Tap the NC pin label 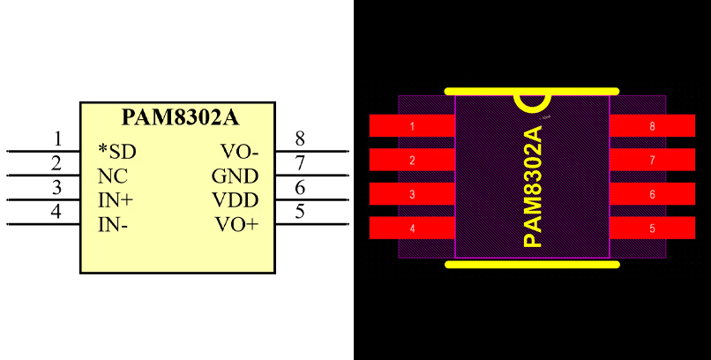(112, 175)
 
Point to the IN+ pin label (116, 199)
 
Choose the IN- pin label (113, 224)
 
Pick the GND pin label (235, 175)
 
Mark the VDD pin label (236, 199)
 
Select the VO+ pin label (237, 224)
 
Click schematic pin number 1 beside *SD (57, 139)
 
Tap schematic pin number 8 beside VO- (300, 139)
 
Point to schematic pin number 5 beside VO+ (300, 212)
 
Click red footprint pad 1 (412, 126)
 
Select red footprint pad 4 (412, 229)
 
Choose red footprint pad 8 (653, 126)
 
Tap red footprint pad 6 (653, 194)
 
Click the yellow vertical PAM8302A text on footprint (532, 186)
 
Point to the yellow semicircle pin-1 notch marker (533, 102)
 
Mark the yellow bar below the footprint (532, 263)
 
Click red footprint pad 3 (412, 194)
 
